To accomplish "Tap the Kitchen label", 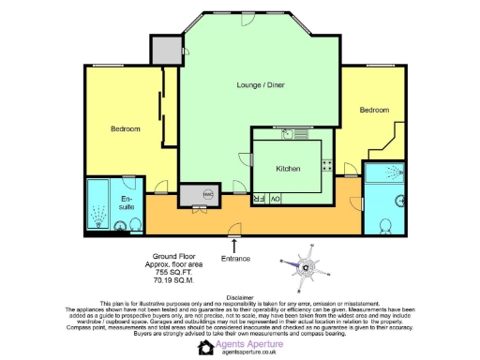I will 289,169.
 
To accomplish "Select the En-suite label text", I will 126,203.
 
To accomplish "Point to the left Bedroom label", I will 125,128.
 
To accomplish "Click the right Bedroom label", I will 373,110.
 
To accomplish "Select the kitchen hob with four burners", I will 328,167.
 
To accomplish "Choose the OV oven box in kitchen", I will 275,199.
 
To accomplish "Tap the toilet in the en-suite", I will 119,226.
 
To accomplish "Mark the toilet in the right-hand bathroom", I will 388,225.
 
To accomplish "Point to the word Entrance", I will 235,258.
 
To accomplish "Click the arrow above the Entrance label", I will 235,246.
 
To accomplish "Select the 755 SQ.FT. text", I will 172,271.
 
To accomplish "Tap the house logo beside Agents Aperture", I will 206,347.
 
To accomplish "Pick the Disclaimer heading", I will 240,296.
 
